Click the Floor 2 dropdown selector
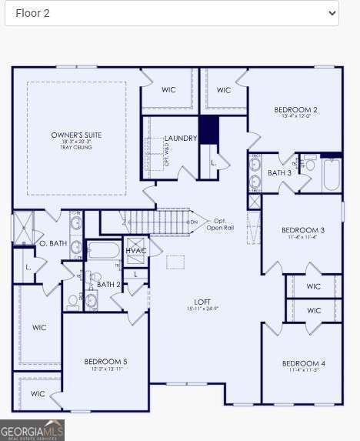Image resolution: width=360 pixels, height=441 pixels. click(x=172, y=13)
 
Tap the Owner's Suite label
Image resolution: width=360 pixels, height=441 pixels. click(x=76, y=135)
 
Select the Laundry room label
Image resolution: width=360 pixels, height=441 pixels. click(x=181, y=139)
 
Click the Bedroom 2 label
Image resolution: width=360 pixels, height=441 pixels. click(x=295, y=110)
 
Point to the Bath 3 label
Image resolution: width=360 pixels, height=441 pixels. click(x=279, y=173)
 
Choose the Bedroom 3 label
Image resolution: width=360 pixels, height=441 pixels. click(x=302, y=230)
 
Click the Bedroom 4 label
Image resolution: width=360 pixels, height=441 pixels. click(x=303, y=363)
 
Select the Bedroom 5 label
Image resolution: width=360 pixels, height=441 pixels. click(x=105, y=361)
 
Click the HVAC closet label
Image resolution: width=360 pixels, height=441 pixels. click(x=136, y=251)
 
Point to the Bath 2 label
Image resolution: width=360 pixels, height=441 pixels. click(x=108, y=284)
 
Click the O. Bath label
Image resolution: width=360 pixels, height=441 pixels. click(x=53, y=244)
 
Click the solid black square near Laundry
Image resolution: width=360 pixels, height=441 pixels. click(x=208, y=129)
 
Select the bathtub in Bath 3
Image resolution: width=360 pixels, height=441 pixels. click(x=332, y=174)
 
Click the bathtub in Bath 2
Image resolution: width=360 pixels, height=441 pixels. click(x=103, y=249)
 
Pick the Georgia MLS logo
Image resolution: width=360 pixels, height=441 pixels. click(x=32, y=429)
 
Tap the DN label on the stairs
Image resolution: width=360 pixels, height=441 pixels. click(x=194, y=222)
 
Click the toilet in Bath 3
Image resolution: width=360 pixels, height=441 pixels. click(x=309, y=164)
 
